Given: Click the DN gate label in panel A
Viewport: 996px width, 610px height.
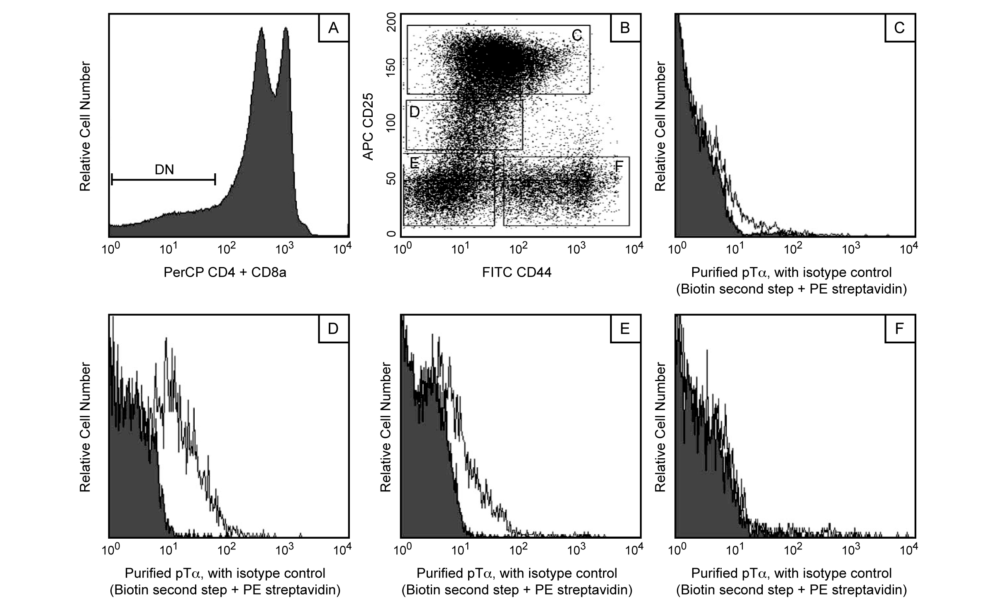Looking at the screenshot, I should pos(164,170).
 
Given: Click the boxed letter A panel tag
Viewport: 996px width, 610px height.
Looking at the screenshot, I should pos(333,28).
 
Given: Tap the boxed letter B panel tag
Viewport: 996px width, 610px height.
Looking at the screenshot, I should pos(625,28).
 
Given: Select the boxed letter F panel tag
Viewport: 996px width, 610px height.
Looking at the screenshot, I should pos(899,328).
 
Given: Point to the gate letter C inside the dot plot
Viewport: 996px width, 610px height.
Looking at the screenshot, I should pos(577,36).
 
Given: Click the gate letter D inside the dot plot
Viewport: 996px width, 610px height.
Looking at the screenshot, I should pos(415,112).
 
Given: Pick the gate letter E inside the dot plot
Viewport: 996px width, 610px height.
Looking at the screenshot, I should pos(414,163).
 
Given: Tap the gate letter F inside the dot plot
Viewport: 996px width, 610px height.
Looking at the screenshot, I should pos(619,167).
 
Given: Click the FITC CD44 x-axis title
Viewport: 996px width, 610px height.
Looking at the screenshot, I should pos(517,272).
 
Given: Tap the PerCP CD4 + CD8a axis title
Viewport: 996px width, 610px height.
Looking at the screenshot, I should pos(225,272).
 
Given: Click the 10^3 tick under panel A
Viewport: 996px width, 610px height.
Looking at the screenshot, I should pos(285,249).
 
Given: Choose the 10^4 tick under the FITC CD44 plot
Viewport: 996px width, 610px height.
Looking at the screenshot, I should pos(634,249).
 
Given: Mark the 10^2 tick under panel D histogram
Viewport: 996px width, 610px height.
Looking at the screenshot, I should pos(227,550).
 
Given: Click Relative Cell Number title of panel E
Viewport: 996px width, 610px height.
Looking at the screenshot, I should pos(386,427).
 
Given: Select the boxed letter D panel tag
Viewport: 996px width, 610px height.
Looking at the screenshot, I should pos(333,328).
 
